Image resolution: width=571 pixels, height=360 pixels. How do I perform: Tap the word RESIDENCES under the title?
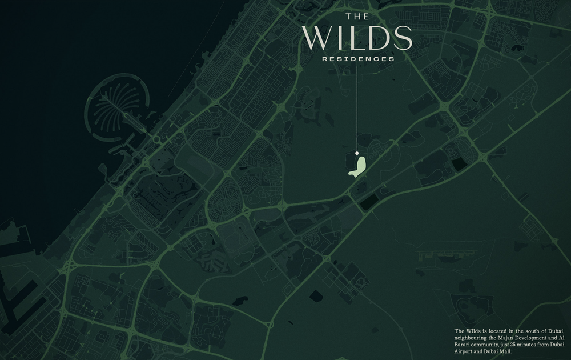pyautogui.click(x=358, y=59)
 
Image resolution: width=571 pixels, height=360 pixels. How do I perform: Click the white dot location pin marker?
pyautogui.click(x=357, y=153)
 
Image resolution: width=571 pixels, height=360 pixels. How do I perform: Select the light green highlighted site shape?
pyautogui.click(x=358, y=166)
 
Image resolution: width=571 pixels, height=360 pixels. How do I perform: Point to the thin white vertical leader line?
pyautogui.click(x=357, y=109)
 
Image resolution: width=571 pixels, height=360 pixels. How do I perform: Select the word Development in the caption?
pyautogui.click(x=533, y=338)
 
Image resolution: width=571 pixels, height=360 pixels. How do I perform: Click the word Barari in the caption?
pyautogui.click(x=464, y=345)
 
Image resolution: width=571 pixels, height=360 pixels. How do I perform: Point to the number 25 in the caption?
pyautogui.click(x=517, y=345)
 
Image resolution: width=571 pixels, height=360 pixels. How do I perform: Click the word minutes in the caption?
pyautogui.click(x=534, y=345)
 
